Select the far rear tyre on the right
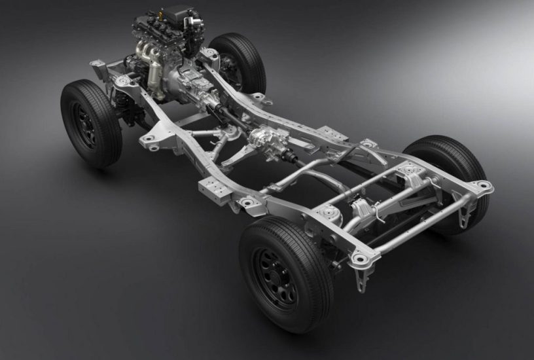[452, 170]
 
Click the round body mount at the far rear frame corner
[482, 185]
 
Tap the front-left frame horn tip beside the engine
[98, 65]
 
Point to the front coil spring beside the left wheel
[122, 104]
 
